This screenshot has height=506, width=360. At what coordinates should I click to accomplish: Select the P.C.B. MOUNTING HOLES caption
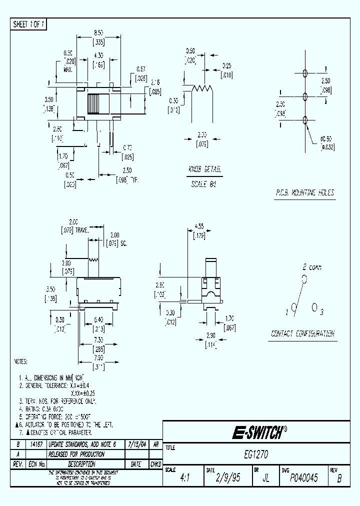click(305, 192)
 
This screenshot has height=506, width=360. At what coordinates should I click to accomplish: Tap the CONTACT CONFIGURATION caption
click(303, 334)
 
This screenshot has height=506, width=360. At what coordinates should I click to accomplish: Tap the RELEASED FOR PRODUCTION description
click(76, 454)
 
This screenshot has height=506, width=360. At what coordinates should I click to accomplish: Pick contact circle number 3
click(314, 307)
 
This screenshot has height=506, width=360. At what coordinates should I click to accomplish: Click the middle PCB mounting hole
click(305, 96)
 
